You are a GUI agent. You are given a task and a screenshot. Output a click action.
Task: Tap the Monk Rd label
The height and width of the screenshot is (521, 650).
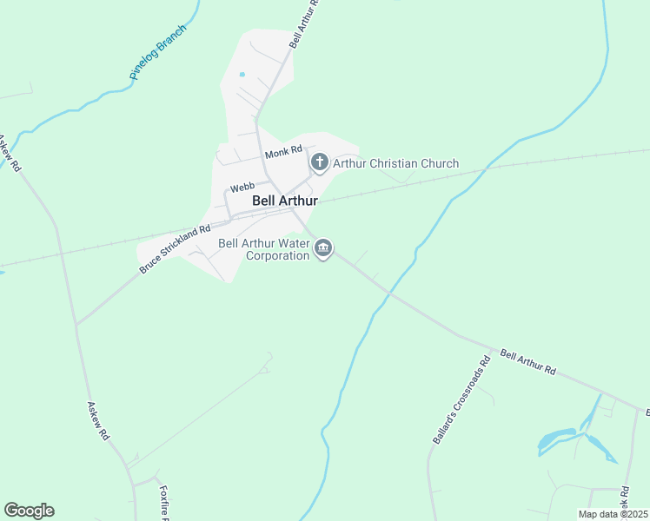(283, 153)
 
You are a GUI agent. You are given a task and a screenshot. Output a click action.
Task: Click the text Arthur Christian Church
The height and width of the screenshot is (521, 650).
(396, 163)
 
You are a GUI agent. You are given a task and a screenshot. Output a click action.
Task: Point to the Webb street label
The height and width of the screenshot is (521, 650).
(242, 186)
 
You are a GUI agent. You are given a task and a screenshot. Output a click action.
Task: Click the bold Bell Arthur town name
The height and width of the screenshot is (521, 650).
(285, 201)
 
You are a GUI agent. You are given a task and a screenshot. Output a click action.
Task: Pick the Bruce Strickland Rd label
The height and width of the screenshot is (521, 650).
(175, 250)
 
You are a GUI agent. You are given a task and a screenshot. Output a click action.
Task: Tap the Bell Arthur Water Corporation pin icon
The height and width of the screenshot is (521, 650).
(323, 250)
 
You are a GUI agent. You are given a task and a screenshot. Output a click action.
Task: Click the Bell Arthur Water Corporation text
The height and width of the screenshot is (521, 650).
(264, 250)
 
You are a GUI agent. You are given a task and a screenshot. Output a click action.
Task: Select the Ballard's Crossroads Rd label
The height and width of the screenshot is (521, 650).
(461, 400)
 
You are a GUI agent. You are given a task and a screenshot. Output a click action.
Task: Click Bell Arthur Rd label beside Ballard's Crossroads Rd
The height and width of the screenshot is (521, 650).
(528, 362)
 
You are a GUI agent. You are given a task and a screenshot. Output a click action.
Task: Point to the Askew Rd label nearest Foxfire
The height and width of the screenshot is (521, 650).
(98, 419)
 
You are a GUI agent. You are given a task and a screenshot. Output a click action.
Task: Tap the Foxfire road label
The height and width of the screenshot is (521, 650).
(163, 502)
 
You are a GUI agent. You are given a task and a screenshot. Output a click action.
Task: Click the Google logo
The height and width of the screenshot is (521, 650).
(29, 511)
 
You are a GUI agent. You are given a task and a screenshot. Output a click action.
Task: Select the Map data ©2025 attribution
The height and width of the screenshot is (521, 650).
(612, 514)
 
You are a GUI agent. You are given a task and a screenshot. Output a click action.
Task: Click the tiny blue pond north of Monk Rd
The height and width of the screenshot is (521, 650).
(242, 74)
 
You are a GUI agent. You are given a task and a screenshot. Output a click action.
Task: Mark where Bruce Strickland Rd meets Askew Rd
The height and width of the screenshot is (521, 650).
(76, 325)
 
